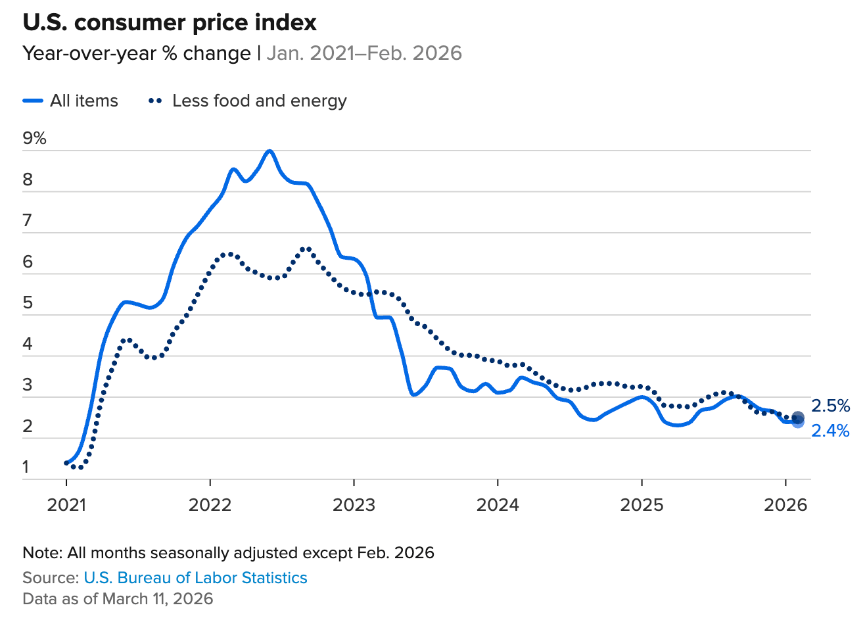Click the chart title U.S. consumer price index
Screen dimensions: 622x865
(170, 23)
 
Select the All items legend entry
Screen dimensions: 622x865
(70, 101)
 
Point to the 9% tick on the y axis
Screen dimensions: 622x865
(34, 138)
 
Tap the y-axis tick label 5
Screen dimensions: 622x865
(28, 303)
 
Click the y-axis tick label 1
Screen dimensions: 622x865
(26, 467)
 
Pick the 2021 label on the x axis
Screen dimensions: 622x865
(66, 505)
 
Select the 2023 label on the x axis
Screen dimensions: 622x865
(354, 505)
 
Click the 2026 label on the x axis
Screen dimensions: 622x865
(786, 505)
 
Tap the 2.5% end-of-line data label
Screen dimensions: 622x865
(830, 406)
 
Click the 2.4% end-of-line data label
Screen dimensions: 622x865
(830, 431)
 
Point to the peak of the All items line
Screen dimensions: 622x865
(269, 151)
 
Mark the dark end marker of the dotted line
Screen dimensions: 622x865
(798, 418)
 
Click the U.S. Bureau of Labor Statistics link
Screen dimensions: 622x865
(195, 578)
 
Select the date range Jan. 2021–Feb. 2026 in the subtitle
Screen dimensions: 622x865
(364, 53)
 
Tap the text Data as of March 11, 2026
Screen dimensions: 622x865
(118, 598)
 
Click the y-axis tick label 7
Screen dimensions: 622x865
(28, 221)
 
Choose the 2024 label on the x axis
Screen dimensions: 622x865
(498, 505)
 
